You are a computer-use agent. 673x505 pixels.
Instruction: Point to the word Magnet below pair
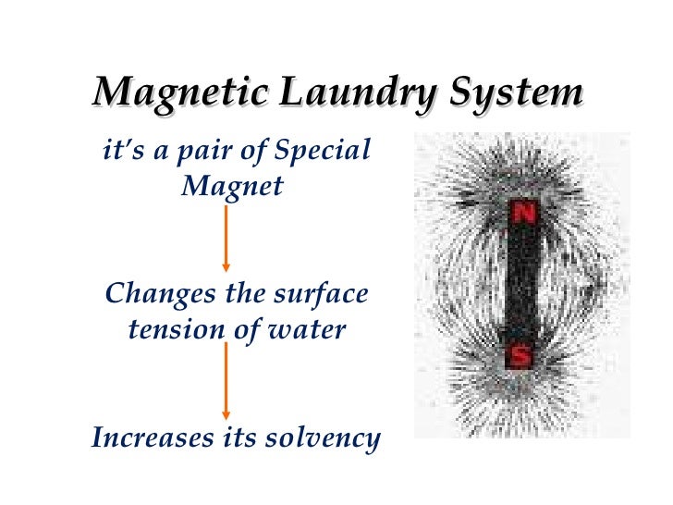[x=232, y=185]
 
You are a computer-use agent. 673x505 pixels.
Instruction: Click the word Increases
[x=153, y=437]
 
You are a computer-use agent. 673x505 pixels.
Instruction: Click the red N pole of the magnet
[x=524, y=215]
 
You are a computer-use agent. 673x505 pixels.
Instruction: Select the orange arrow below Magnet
[x=226, y=238]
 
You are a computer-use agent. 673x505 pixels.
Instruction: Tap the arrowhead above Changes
[x=226, y=267]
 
